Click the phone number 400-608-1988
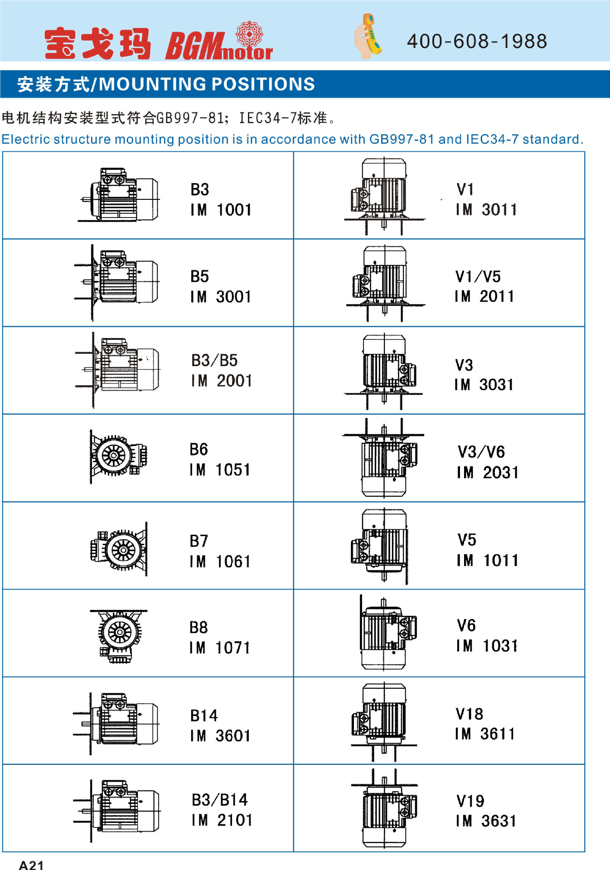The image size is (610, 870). click(x=477, y=41)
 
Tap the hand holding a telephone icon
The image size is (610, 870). click(x=368, y=36)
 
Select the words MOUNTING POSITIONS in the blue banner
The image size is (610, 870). click(x=207, y=84)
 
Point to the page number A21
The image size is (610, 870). click(x=31, y=865)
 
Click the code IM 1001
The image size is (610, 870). click(x=221, y=210)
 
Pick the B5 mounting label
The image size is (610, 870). click(x=199, y=276)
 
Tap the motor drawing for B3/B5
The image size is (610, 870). click(x=117, y=370)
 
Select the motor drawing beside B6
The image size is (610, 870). click(x=118, y=456)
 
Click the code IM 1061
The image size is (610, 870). click(x=220, y=562)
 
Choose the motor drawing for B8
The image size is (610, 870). click(x=119, y=636)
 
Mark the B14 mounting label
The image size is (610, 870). click(x=204, y=715)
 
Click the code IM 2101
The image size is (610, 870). click(x=222, y=820)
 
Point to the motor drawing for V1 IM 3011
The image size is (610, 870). click(x=384, y=196)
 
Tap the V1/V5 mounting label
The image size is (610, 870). click(x=478, y=276)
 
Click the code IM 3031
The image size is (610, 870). click(x=484, y=385)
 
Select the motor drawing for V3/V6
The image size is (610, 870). click(x=383, y=457)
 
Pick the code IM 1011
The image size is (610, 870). click(x=488, y=561)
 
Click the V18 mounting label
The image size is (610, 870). click(x=470, y=714)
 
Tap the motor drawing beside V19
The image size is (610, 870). click(x=384, y=808)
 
